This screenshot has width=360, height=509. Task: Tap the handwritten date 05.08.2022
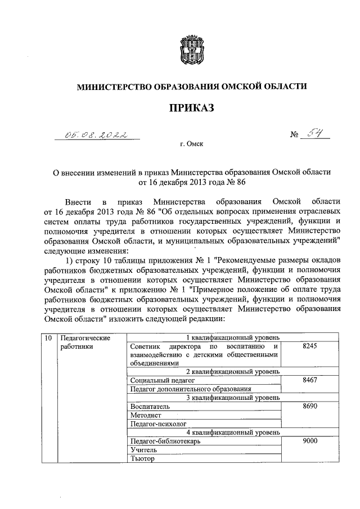click(x=95, y=134)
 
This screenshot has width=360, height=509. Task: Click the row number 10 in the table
click(x=48, y=339)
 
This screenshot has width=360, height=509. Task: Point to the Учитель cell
click(x=142, y=451)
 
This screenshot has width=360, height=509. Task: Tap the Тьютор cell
click(x=142, y=459)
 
